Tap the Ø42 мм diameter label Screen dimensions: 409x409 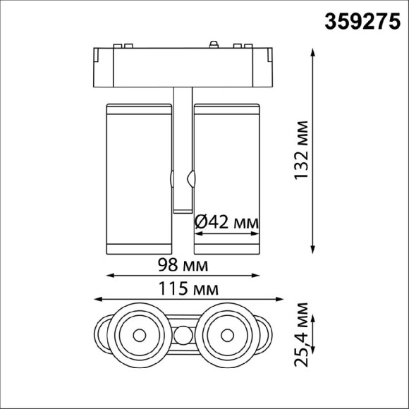pos(226,221)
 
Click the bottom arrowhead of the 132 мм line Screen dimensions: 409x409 pos(312,248)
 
